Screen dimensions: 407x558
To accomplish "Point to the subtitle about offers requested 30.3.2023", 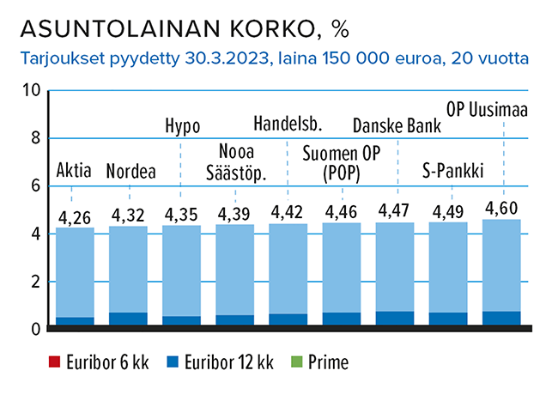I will (272, 60).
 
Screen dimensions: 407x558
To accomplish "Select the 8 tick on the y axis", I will (35, 138).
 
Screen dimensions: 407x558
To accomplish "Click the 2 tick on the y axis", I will (35, 282).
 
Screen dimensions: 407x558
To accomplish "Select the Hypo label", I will (182, 126).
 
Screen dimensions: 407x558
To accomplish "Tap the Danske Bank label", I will (397, 126).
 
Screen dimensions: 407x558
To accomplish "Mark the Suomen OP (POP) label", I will (342, 163).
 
